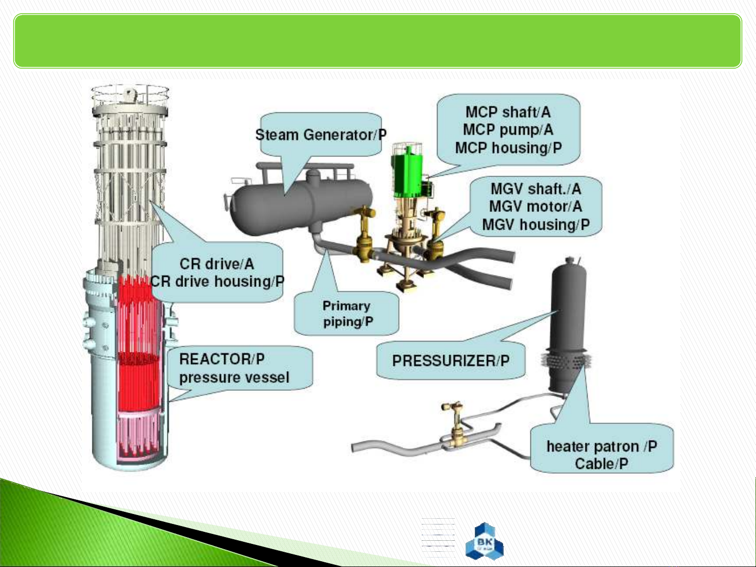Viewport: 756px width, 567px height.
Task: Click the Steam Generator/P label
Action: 321,135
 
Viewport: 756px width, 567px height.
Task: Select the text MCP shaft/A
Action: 508,112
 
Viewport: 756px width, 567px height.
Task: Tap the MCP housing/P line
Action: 508,148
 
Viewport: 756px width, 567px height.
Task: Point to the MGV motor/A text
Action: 535,207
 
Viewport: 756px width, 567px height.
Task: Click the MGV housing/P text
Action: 536,225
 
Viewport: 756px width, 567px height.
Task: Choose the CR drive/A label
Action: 217,264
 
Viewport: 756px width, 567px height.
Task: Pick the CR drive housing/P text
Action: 217,282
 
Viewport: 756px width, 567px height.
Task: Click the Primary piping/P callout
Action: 347,314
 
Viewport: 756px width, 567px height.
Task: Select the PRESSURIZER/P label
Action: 451,361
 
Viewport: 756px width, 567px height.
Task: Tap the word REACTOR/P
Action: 221,359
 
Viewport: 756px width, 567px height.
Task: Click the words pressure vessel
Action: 234,378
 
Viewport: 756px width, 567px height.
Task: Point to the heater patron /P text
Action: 601,446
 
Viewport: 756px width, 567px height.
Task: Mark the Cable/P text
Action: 601,464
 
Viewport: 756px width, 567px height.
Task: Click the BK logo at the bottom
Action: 484,541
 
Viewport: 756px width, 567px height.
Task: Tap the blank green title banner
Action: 378,41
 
